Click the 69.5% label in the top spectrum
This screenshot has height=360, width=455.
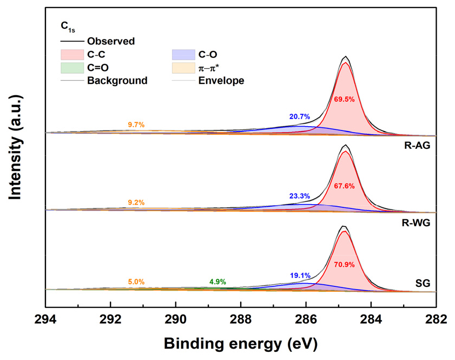[345, 100]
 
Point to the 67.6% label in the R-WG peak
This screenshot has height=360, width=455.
[345, 186]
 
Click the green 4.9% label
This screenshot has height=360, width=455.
[217, 282]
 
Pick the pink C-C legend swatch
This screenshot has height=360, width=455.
[71, 54]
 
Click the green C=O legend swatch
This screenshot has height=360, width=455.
[71, 68]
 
